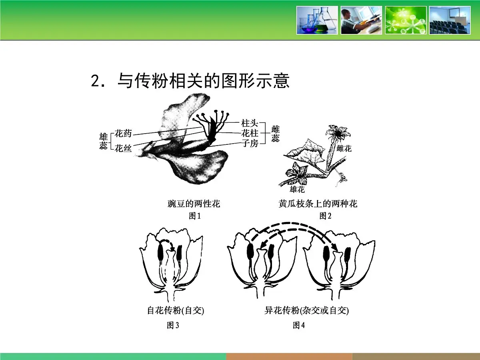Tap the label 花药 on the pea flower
[123, 133]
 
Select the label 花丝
[123, 149]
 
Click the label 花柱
[250, 133]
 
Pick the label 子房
[250, 143]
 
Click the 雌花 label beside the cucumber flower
[344, 149]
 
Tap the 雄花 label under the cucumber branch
[297, 189]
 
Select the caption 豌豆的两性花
[194, 204]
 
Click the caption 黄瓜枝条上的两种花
[318, 204]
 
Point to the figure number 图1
[194, 216]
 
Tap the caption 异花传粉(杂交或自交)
[306, 311]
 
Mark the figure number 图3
[173, 326]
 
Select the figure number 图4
[299, 326]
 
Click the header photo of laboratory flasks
[317, 20]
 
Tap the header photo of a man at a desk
[361, 20]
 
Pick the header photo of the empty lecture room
[450, 20]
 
